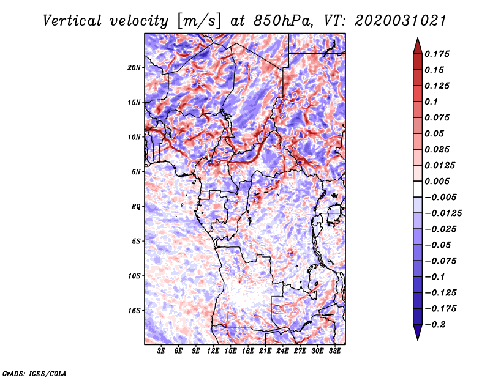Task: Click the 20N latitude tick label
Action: pos(134,67)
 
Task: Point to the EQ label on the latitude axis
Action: pos(135,207)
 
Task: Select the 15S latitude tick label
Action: pos(134,311)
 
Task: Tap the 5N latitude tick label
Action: pos(135,172)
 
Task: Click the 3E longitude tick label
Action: pos(162,351)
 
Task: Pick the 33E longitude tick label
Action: pos(334,351)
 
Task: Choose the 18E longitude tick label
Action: pos(248,351)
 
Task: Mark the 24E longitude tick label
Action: pos(282,351)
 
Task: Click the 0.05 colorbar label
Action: pos(437,133)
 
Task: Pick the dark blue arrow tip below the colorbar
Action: pos(417,335)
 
